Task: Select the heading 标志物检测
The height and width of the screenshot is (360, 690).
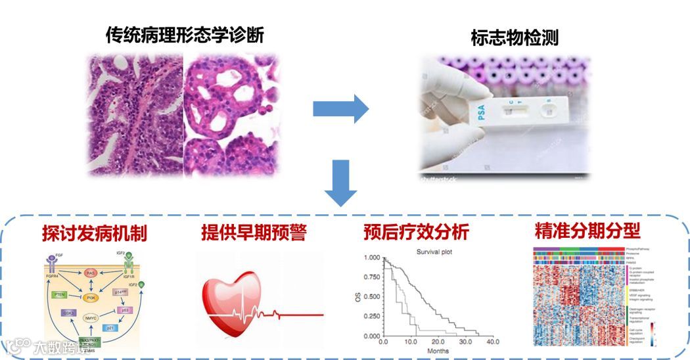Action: [515, 37]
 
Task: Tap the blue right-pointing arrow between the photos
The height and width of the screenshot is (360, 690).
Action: [340, 108]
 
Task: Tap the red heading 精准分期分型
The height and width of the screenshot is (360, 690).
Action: [587, 231]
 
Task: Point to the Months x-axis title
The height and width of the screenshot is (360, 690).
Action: [434, 352]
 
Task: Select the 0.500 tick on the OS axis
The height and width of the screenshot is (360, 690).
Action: [372, 297]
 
